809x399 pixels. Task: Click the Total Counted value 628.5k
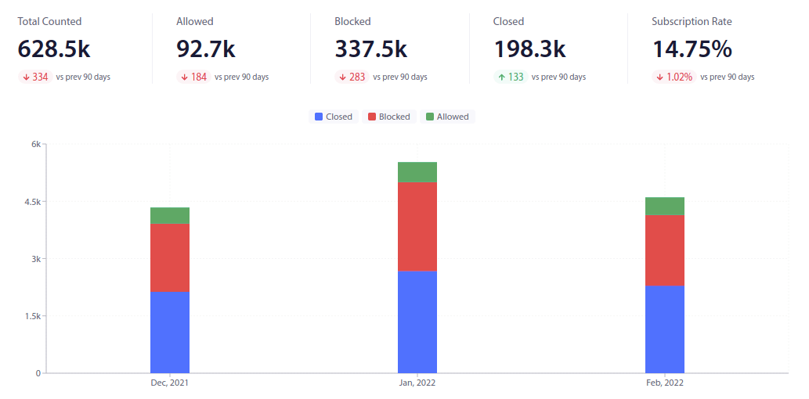[x=54, y=49]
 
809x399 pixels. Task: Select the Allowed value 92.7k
[x=206, y=49]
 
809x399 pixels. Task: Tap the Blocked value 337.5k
[x=371, y=49]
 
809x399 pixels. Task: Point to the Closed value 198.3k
[x=529, y=49]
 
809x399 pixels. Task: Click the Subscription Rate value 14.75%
[x=692, y=49]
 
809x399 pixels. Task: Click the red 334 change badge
[x=34, y=77]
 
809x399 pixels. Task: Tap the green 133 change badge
[x=510, y=77]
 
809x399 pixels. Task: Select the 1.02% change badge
[x=674, y=77]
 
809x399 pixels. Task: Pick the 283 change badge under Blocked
[x=352, y=77]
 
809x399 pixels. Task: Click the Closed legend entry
[x=334, y=117]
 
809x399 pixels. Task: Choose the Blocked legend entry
[x=388, y=117]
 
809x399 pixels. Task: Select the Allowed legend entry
[x=447, y=117]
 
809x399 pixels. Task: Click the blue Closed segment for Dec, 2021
[x=170, y=332]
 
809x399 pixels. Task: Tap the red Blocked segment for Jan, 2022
[x=417, y=227]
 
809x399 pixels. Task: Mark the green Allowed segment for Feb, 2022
[x=665, y=206]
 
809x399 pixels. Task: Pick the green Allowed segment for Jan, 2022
[x=417, y=172]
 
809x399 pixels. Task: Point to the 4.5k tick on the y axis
[x=32, y=202]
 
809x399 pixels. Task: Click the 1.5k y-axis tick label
[x=32, y=316]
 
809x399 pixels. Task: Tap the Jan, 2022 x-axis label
[x=417, y=383]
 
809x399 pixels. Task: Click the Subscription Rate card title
[x=692, y=21]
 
